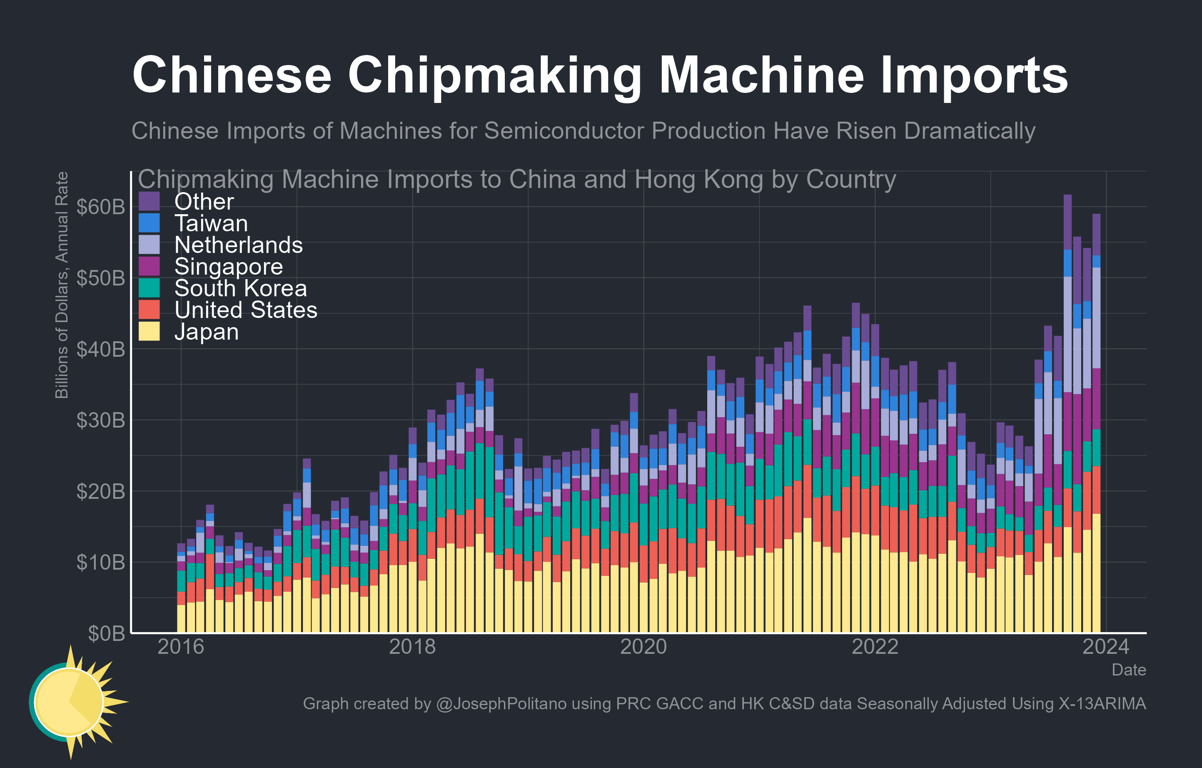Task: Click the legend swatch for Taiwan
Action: [149, 223]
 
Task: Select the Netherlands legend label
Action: [238, 245]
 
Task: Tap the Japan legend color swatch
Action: [149, 331]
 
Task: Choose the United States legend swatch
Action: [149, 310]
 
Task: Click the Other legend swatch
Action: [149, 201]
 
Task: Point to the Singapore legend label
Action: [228, 267]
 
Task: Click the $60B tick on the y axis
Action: [100, 207]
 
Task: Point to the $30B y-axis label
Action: [100, 420]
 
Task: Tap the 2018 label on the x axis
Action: [412, 647]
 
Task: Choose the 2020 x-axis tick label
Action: [643, 647]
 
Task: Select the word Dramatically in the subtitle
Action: [969, 131]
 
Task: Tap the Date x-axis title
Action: [1128, 670]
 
